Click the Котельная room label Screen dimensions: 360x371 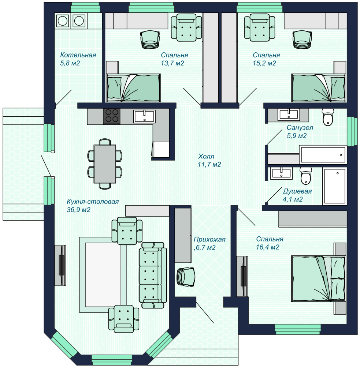tap(78, 55)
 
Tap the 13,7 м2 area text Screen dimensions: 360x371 tap(172, 63)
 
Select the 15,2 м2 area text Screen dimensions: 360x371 tap(264, 63)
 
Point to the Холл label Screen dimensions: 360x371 tap(206, 156)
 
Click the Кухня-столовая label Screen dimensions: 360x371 tap(93, 202)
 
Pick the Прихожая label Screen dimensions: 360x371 tap(209, 239)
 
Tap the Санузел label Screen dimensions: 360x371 tap(300, 128)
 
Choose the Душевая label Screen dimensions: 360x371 tap(297, 191)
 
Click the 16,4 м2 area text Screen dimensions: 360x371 tap(268, 247)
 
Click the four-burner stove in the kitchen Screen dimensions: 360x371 tap(112, 116)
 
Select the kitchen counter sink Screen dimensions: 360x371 tap(144, 116)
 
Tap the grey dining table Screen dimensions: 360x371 tap(105, 164)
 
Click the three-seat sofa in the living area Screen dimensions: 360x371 tap(153, 275)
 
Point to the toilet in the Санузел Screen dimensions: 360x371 tap(328, 117)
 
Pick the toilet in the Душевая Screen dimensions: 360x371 tap(306, 176)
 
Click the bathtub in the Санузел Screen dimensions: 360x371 tap(323, 155)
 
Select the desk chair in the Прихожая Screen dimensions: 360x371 tap(186, 277)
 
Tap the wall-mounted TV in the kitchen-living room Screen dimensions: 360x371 tap(61, 265)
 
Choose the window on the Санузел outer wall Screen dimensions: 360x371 tap(352, 131)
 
